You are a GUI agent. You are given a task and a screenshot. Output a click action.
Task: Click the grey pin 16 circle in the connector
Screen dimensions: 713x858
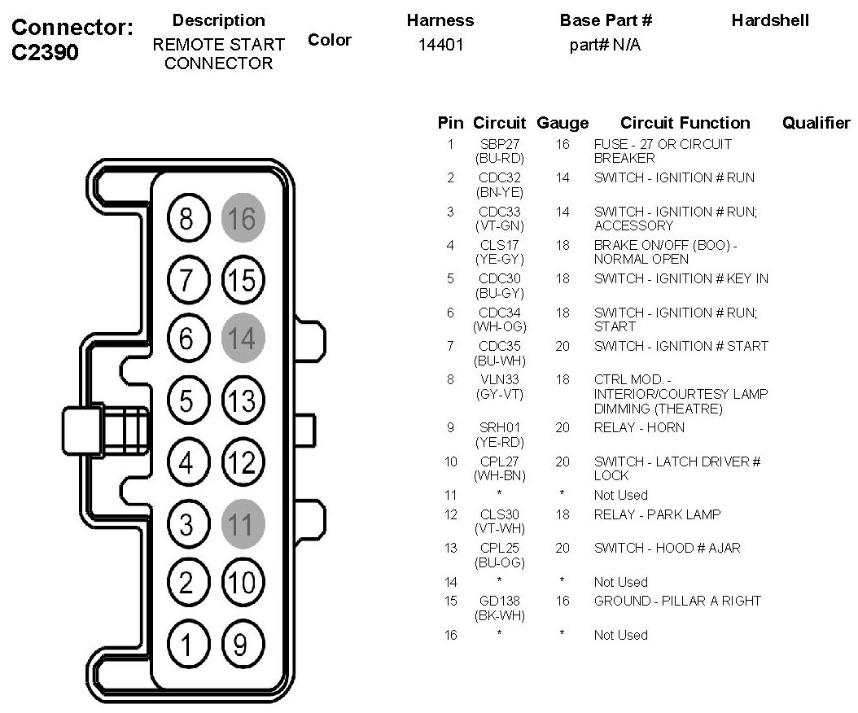242,218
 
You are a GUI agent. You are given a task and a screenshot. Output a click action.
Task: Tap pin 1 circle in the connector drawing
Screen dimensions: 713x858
186,645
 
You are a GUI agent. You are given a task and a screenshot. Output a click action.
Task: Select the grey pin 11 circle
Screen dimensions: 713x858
242,524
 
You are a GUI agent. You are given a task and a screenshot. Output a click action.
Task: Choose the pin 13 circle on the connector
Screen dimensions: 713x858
242,401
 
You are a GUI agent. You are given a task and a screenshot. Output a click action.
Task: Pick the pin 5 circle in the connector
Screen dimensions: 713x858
186,401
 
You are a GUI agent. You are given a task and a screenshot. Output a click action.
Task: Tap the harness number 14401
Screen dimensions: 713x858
440,46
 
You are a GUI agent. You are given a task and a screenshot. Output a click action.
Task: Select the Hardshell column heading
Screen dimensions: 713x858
770,20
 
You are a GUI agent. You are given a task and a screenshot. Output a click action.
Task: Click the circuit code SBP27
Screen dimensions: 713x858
499,144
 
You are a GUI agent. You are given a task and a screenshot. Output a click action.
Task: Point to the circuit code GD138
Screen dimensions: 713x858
499,601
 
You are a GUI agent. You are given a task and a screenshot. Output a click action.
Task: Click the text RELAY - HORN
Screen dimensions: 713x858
639,427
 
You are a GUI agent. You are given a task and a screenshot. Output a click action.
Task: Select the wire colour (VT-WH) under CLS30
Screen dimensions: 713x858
499,528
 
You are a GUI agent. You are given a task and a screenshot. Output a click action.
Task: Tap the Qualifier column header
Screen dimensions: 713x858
816,123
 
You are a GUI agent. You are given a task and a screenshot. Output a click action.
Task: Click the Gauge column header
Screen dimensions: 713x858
563,123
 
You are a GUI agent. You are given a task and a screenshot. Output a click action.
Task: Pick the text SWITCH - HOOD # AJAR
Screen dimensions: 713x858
667,548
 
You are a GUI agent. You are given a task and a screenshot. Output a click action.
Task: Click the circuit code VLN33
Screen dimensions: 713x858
499,379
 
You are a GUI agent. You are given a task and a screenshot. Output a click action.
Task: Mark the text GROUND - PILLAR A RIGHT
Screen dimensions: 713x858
677,601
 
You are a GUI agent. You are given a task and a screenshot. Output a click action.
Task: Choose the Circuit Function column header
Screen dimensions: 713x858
685,123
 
